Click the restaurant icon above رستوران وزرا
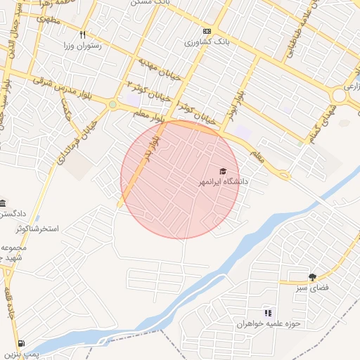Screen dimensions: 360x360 82,34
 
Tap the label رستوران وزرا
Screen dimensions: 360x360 82,46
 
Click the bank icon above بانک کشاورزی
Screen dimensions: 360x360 207,32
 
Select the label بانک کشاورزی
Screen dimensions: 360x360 207,43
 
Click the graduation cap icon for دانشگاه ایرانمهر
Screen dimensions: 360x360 223,172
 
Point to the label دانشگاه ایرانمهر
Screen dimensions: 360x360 223,182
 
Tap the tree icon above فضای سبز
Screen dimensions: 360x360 312,277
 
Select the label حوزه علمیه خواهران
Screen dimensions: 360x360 268,323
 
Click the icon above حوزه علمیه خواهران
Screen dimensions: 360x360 267,313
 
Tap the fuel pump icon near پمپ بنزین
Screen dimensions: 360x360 22,344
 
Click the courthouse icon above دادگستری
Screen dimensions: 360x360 2,202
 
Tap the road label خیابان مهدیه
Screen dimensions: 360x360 158,68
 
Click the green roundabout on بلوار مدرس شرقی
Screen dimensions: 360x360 112,105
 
